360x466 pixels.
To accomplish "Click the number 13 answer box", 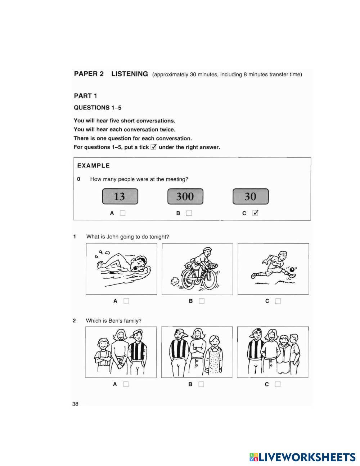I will point(120,197).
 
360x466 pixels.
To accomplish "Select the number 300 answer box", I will point(185,197).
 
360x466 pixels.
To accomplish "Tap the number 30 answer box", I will point(251,197).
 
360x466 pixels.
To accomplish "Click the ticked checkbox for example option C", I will point(255,213).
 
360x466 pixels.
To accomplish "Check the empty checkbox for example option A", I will point(123,213).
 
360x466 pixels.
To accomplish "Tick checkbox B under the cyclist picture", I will point(202,301).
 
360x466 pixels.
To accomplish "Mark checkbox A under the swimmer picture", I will point(126,301).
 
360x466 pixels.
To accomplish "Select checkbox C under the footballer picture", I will point(278,301).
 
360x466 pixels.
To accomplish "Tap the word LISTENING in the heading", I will point(130,74).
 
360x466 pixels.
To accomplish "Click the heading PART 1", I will point(85,96).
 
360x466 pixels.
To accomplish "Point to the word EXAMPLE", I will point(94,166).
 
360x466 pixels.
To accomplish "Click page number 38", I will point(75,404).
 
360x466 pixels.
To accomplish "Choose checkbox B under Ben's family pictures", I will point(201,384).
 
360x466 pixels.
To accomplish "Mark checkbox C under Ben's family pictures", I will point(277,384).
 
